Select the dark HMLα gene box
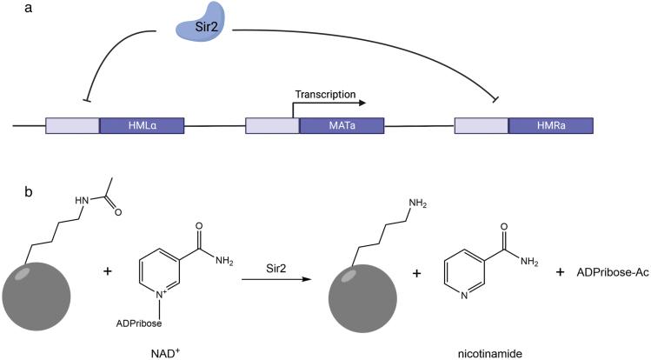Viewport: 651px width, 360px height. (x=142, y=125)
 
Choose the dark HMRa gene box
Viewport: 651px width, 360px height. (x=551, y=125)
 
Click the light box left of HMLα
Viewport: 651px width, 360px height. (x=72, y=125)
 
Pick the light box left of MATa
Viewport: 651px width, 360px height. (x=272, y=125)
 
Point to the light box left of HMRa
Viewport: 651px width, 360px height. (x=481, y=125)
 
